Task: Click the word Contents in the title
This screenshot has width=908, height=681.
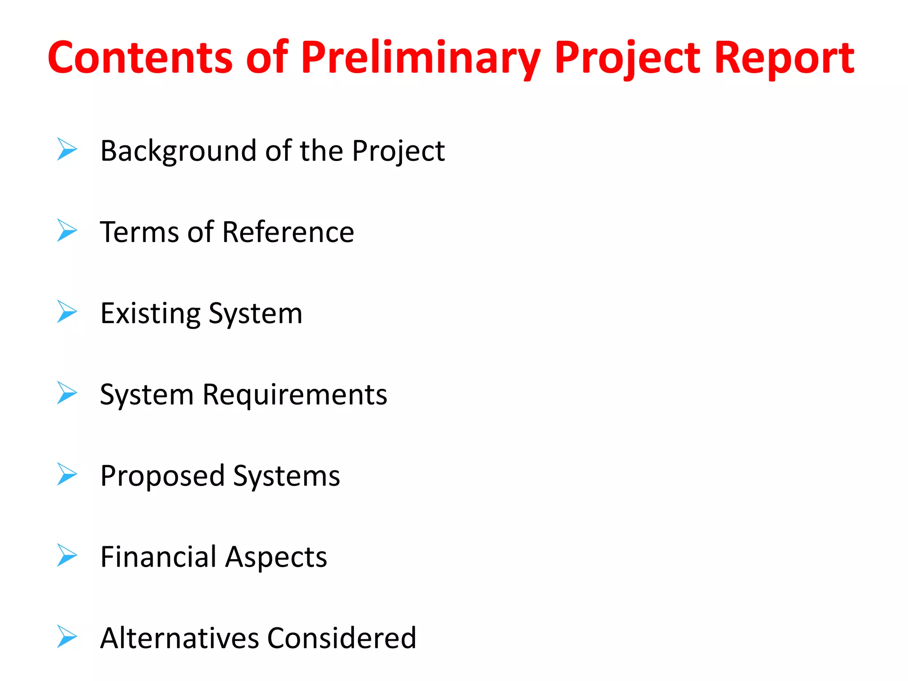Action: point(140,57)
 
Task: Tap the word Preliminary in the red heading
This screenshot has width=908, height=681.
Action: point(420,58)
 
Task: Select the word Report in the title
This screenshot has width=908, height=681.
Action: point(784,57)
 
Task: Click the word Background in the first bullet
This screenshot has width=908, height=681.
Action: point(180,151)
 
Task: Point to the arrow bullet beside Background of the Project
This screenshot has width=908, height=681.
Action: point(67,149)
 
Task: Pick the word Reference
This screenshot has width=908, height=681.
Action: point(288,232)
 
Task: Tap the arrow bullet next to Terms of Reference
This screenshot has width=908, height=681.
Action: point(67,231)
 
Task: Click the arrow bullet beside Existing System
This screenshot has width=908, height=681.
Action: point(67,311)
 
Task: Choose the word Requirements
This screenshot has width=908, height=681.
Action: point(295,395)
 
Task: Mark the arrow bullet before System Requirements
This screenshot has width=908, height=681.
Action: point(67,393)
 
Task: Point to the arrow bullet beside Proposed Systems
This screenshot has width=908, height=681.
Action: point(67,474)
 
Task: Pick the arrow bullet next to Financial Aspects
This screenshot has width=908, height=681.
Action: point(67,555)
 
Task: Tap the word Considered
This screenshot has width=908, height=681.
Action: point(341,638)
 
